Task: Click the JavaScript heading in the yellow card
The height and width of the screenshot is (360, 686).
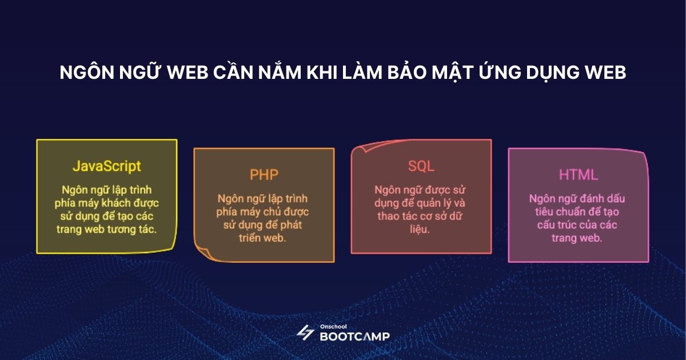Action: click(106, 166)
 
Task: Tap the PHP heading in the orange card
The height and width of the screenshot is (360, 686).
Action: click(264, 174)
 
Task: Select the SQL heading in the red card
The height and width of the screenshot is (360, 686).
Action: click(421, 166)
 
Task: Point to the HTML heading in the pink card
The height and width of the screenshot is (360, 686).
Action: click(578, 174)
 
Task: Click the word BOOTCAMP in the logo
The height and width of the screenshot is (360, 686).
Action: click(354, 336)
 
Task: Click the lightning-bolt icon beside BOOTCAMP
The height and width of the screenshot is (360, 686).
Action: click(305, 333)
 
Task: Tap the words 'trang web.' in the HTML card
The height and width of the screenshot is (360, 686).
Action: click(578, 238)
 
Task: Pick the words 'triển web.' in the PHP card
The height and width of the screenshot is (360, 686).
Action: click(264, 237)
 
